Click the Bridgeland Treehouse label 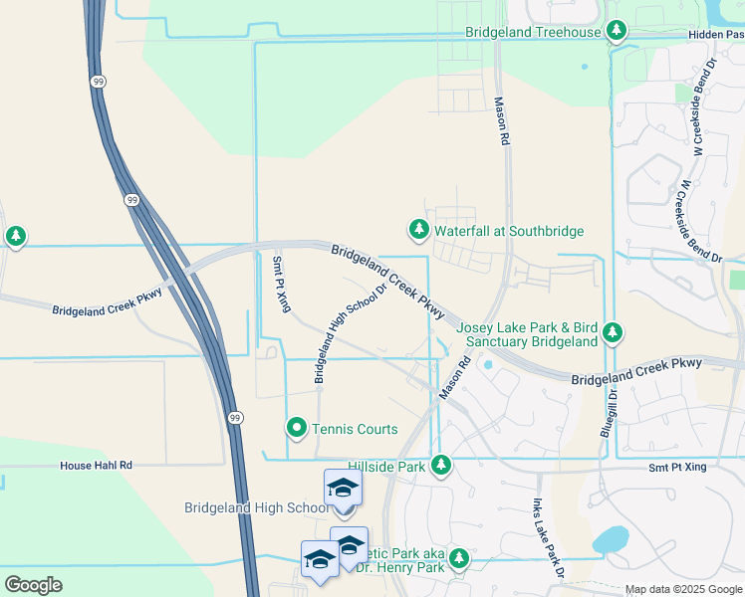click(x=533, y=32)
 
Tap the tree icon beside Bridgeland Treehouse click(x=618, y=32)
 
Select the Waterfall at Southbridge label click(x=508, y=231)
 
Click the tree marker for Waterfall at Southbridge click(x=419, y=230)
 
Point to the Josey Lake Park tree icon click(x=616, y=331)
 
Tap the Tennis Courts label click(x=355, y=429)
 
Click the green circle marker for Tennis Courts click(x=296, y=428)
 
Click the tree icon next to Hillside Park click(x=440, y=465)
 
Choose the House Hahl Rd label click(x=96, y=465)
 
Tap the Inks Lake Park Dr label click(x=545, y=538)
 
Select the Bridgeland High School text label click(x=256, y=507)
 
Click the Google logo click(x=33, y=585)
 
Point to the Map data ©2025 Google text click(x=682, y=589)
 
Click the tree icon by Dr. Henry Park click(x=458, y=559)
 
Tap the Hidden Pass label click(x=715, y=34)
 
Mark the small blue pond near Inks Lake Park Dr click(x=609, y=540)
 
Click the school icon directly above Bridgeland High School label click(x=343, y=488)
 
